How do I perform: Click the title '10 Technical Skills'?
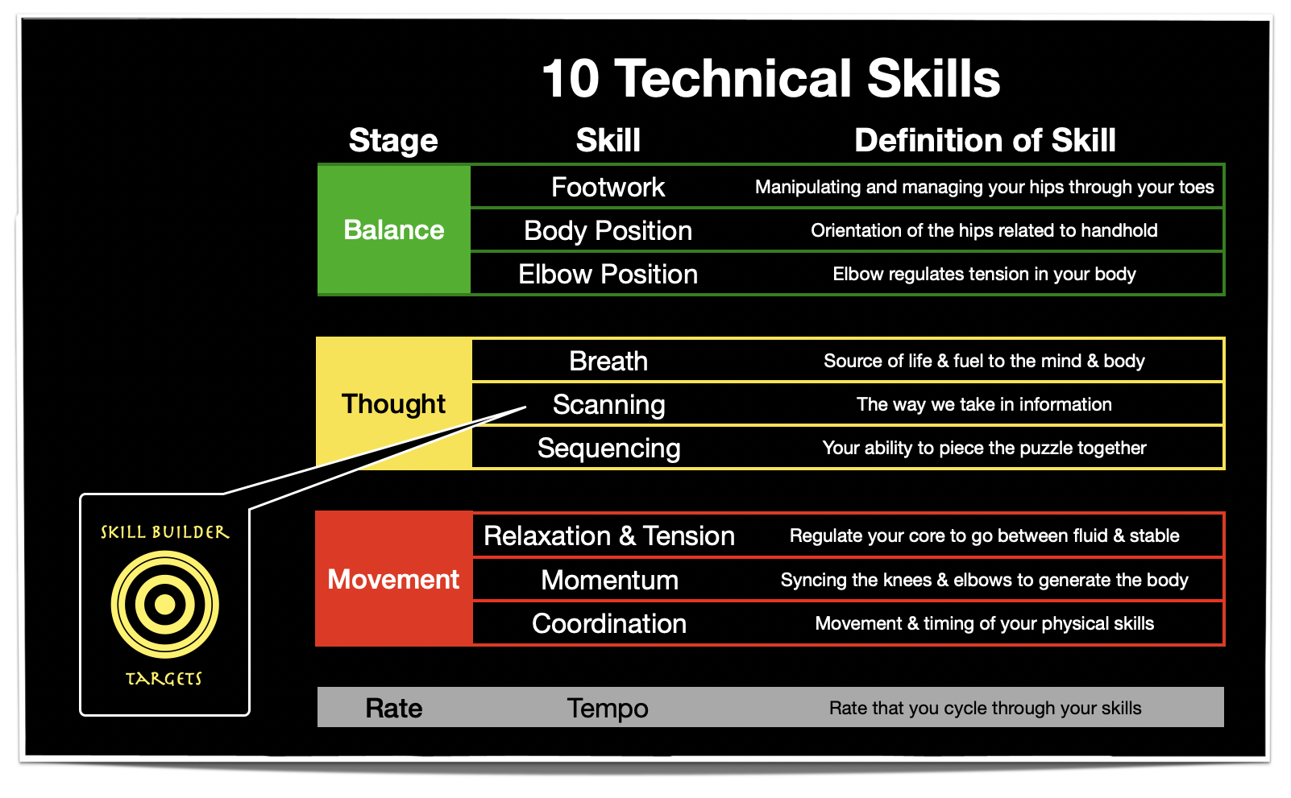(x=770, y=79)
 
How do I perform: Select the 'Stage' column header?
(x=393, y=141)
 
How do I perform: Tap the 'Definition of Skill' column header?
(x=985, y=141)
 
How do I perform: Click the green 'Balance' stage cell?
(x=394, y=230)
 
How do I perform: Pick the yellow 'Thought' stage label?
(x=393, y=403)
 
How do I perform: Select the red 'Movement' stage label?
(x=393, y=579)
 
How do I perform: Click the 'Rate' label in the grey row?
(x=393, y=708)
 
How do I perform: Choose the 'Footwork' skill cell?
(x=608, y=188)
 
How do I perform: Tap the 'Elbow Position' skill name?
(x=608, y=275)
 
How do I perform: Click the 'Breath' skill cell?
(x=608, y=362)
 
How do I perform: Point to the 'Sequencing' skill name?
(x=608, y=449)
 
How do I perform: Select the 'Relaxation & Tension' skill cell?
(x=608, y=536)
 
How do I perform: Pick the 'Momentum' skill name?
(x=609, y=580)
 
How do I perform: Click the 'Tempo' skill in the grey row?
(x=608, y=708)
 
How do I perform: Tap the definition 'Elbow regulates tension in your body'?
(x=984, y=275)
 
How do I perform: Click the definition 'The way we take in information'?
(x=984, y=404)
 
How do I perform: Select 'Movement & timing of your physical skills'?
(x=984, y=623)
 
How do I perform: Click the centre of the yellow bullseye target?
(x=165, y=604)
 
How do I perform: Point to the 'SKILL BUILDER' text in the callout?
(x=164, y=532)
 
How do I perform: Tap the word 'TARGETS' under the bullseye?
(x=164, y=679)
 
